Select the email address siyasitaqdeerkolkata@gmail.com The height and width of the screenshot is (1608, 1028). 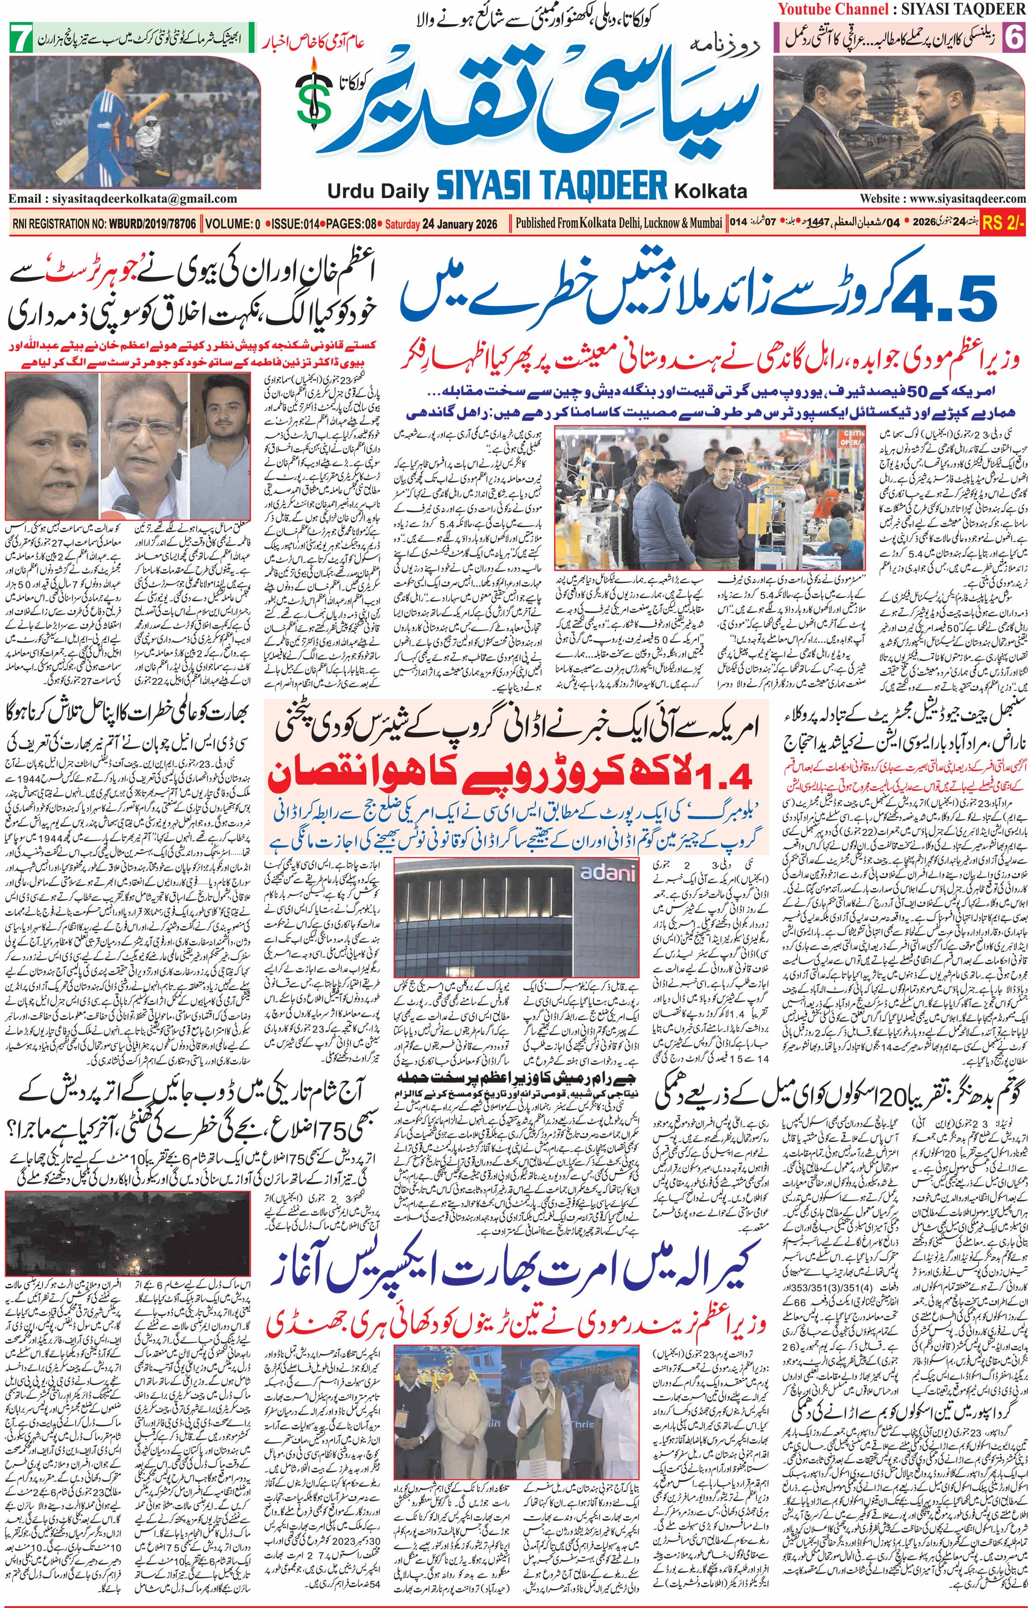pyautogui.click(x=123, y=199)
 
